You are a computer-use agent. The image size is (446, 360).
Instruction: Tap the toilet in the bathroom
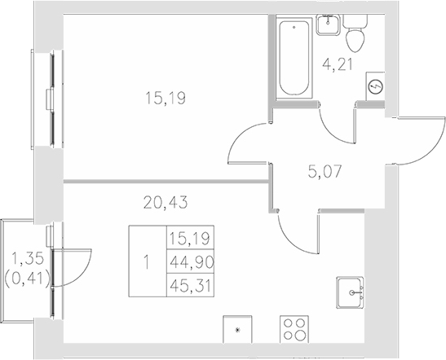tap(356, 35)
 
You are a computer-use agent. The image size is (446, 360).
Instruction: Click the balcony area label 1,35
tap(26, 261)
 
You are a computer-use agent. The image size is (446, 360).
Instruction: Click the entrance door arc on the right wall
tap(408, 139)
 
